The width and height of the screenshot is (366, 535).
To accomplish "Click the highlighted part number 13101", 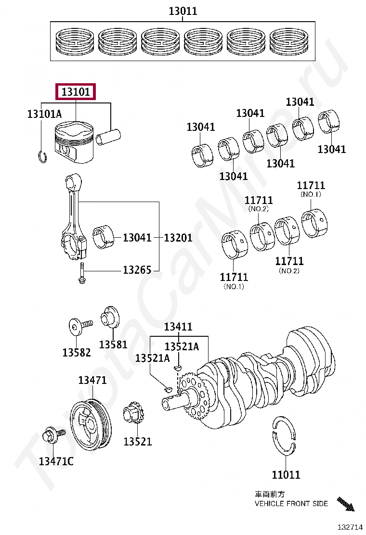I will (76, 91).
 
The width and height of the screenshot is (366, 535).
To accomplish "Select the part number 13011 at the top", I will (183, 11).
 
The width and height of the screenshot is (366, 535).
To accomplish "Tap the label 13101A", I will (44, 114).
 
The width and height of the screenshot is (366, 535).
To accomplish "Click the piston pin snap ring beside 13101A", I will (42, 157).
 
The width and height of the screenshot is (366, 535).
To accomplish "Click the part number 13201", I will (178, 238).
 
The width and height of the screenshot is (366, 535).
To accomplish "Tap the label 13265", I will (137, 270).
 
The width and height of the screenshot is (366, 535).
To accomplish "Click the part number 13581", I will (113, 344).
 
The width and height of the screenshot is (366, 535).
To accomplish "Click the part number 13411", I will (178, 327).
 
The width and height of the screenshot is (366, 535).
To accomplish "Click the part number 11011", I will (286, 475).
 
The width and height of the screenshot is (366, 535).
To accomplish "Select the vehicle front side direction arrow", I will (346, 503).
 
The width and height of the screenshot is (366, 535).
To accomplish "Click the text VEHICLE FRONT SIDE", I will (291, 504).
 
